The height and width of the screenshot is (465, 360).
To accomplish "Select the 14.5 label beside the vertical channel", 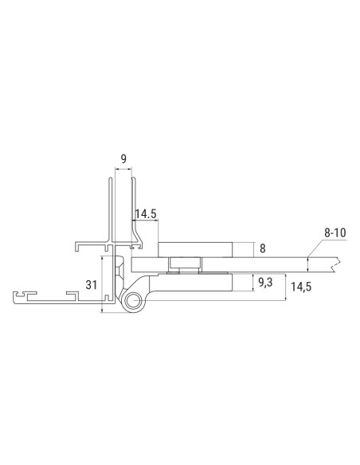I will (146, 213).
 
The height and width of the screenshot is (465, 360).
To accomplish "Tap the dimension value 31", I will (91, 284).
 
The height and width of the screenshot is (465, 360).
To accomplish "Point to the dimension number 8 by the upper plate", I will (263, 249).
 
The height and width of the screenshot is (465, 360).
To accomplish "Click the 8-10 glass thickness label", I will (335, 232).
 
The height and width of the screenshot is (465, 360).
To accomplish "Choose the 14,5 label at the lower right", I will (300, 287).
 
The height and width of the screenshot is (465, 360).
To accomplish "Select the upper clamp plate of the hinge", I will (195, 249).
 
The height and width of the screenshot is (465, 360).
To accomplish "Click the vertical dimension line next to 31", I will (103, 284).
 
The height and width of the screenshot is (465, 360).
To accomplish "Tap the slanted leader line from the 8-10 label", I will (317, 247).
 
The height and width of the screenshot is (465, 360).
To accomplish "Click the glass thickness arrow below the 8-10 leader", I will (307, 264).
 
